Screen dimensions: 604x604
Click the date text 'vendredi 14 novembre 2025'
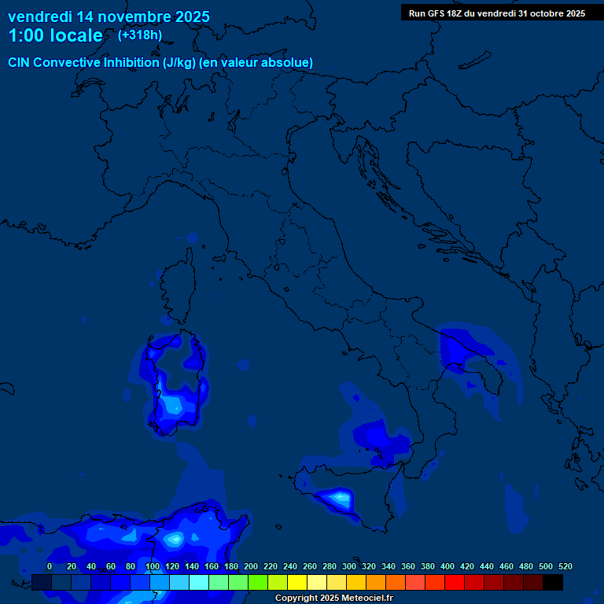point(109,17)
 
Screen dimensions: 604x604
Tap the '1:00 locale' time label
point(55,35)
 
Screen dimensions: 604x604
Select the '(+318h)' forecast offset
point(140,35)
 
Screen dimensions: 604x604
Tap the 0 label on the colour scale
point(50,566)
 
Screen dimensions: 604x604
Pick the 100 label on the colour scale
point(152,566)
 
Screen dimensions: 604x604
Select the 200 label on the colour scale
point(251,566)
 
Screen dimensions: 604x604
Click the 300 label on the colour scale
point(349,566)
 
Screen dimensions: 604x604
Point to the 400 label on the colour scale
point(447,566)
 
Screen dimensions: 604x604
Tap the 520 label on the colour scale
point(565,566)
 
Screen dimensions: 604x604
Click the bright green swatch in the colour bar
point(258,582)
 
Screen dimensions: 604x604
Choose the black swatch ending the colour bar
point(553,582)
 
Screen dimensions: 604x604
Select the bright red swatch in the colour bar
point(455,582)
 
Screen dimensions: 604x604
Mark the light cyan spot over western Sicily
point(340,497)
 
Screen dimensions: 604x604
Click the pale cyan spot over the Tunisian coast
point(175,540)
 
